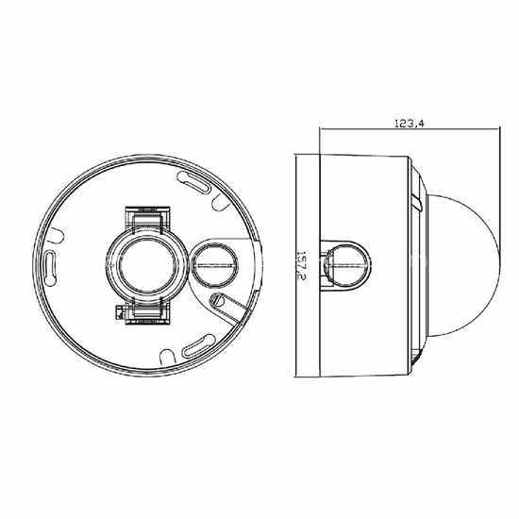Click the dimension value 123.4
click(x=410, y=124)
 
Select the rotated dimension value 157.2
click(x=300, y=266)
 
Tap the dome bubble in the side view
click(x=463, y=265)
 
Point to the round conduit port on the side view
click(x=348, y=265)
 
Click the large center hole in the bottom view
click(x=147, y=265)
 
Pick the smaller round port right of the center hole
click(x=215, y=265)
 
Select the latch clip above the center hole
click(x=147, y=219)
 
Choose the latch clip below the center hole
click(x=147, y=311)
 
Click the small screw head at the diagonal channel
click(x=217, y=300)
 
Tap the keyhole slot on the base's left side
click(x=50, y=268)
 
